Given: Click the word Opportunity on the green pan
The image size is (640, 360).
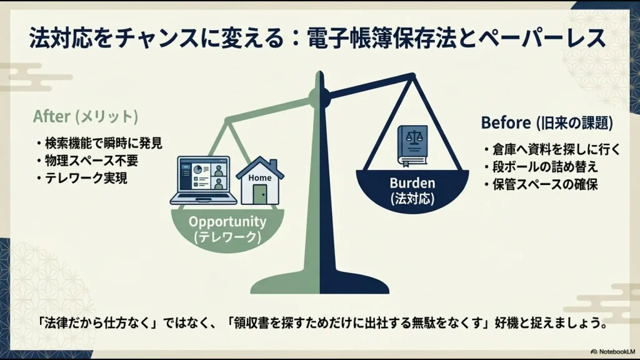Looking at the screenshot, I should point(227,222).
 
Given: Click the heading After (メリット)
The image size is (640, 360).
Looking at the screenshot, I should point(86,117).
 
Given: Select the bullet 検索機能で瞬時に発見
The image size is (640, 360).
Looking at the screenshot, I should point(99,143).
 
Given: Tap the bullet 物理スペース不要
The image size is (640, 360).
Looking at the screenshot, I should point(87,161).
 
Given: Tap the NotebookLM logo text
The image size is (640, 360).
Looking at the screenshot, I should point(609,351).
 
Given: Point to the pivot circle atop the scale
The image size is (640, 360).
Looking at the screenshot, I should point(319,96).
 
